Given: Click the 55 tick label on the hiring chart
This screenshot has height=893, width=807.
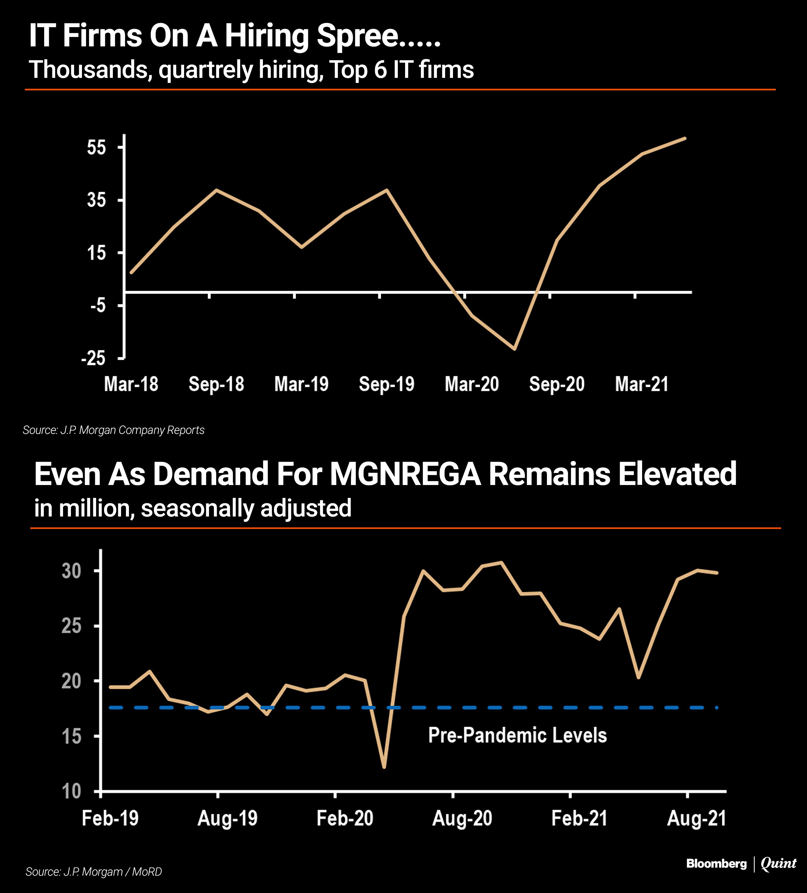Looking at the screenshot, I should click(x=96, y=148).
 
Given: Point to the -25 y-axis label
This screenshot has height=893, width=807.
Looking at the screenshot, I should click(x=93, y=358).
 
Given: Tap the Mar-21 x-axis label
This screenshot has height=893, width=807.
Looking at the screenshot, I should click(x=642, y=384).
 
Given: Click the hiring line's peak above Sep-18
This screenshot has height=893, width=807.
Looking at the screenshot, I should click(x=216, y=190).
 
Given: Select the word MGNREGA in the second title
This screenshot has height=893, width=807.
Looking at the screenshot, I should click(x=405, y=474).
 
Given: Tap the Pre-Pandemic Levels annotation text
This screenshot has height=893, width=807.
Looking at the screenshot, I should click(x=517, y=735).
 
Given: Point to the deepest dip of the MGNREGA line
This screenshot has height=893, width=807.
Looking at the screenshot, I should click(x=384, y=767).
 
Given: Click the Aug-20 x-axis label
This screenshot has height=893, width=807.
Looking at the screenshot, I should click(x=462, y=819).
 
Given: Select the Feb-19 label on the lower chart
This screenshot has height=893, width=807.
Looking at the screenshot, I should click(x=110, y=819).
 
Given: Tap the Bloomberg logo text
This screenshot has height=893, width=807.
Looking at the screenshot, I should click(x=716, y=864).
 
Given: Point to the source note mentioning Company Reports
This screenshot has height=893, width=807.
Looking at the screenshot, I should click(x=113, y=430).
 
